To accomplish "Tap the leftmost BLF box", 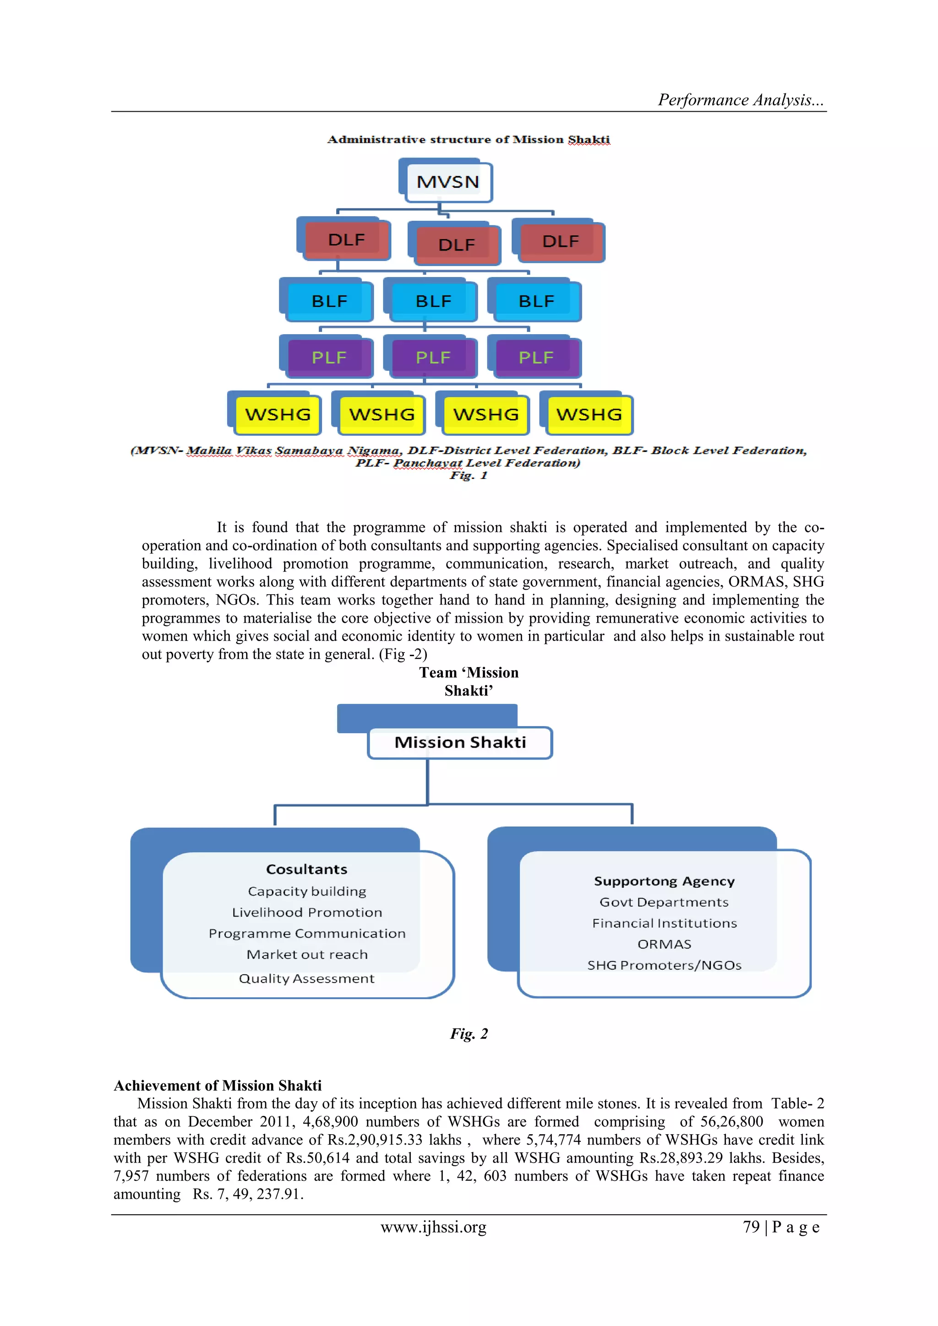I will click(329, 301).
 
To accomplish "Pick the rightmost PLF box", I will click(536, 358).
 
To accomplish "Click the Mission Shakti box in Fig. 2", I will click(460, 742).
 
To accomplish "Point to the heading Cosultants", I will click(307, 869).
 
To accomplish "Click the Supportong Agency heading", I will click(664, 881).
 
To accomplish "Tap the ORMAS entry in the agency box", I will click(664, 944).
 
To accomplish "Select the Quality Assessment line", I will click(307, 978).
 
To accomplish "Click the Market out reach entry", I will click(307, 955).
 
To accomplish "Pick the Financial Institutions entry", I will click(664, 923).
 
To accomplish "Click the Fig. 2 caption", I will click(469, 1033).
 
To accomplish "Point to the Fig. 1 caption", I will click(469, 475).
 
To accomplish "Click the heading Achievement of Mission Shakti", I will click(217, 1085).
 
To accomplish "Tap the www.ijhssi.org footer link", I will click(433, 1227).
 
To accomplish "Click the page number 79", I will click(751, 1227).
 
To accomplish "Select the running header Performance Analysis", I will click(741, 100).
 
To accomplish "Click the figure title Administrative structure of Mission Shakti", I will click(469, 139).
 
